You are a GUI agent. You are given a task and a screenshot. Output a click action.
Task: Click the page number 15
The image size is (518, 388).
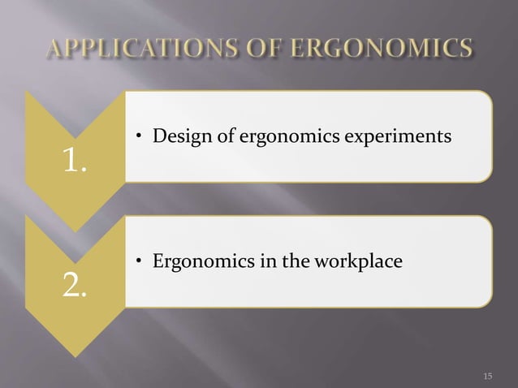487,375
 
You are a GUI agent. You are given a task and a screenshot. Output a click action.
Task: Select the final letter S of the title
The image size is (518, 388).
463,51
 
